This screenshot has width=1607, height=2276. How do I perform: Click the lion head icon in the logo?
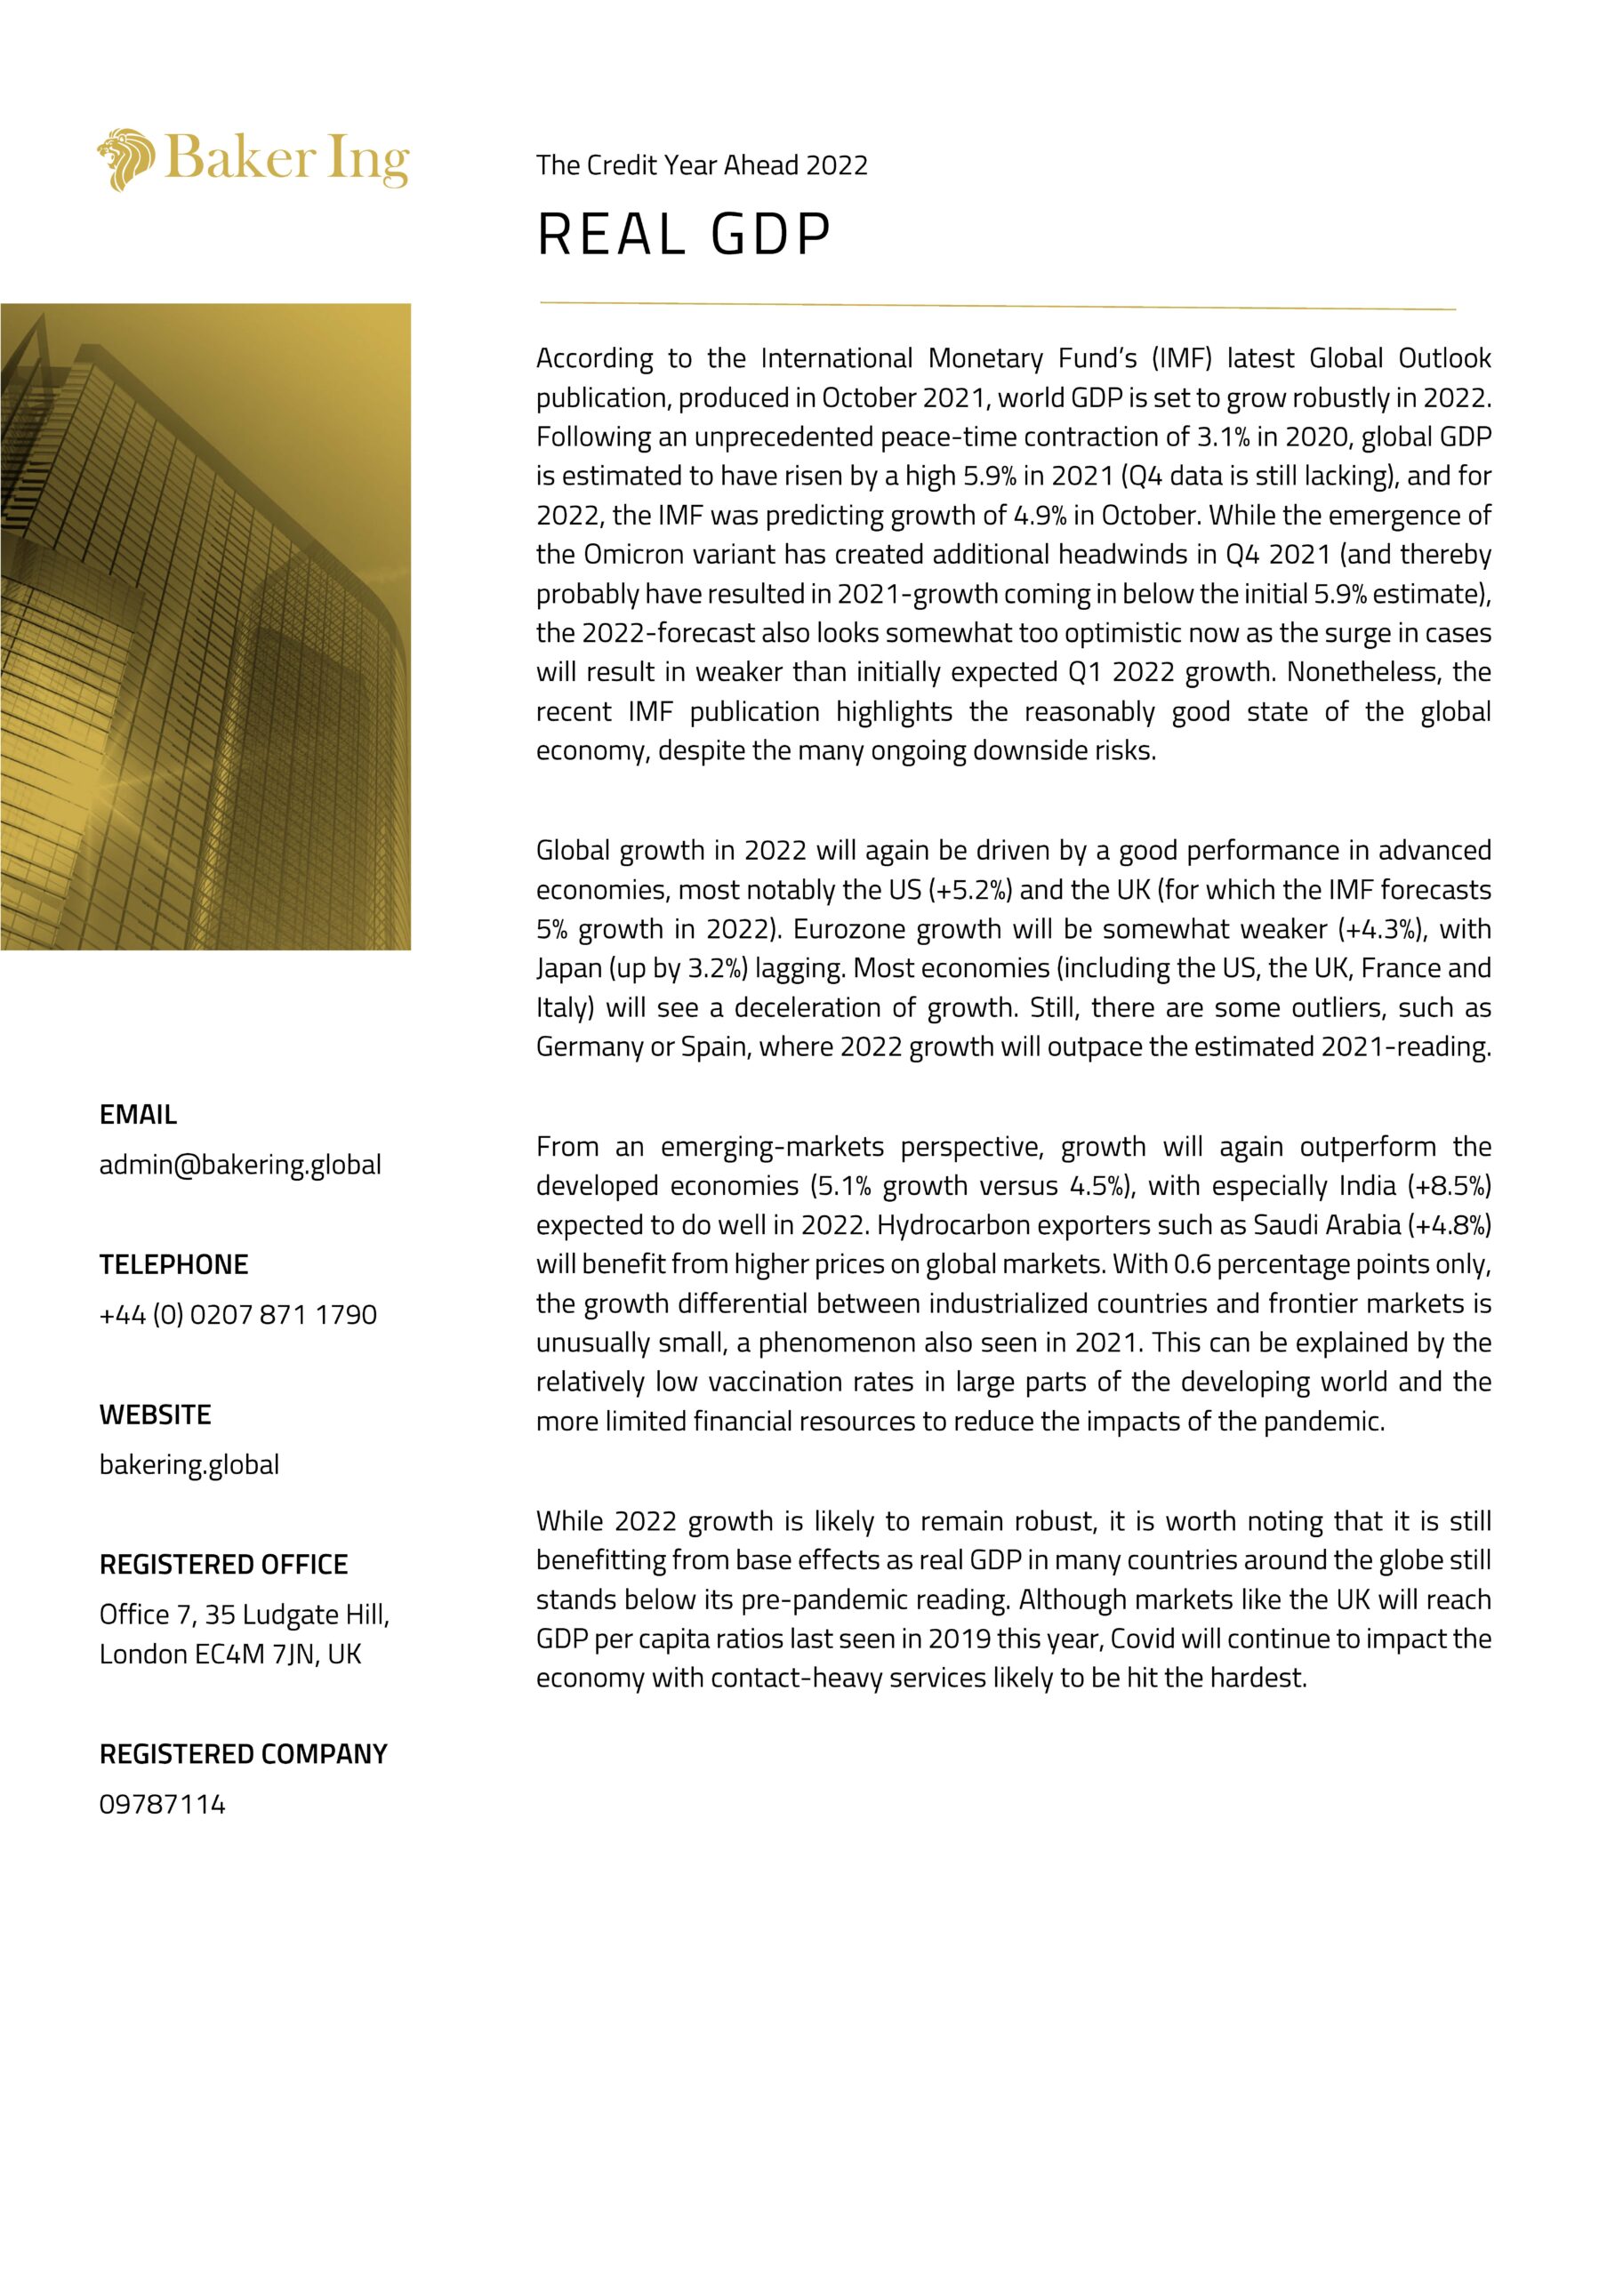[126, 158]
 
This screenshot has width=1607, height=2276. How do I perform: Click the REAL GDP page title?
[683, 235]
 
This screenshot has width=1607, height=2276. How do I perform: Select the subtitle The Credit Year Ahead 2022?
[701, 164]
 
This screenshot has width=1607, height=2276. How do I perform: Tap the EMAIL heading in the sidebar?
[138, 1114]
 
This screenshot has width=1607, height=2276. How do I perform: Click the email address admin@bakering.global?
[240, 1164]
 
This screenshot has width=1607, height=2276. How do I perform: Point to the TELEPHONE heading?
[173, 1264]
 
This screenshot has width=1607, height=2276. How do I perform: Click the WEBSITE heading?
[155, 1414]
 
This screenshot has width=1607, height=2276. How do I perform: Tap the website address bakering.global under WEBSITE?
[189, 1464]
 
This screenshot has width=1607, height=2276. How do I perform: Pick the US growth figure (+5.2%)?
[969, 890]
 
